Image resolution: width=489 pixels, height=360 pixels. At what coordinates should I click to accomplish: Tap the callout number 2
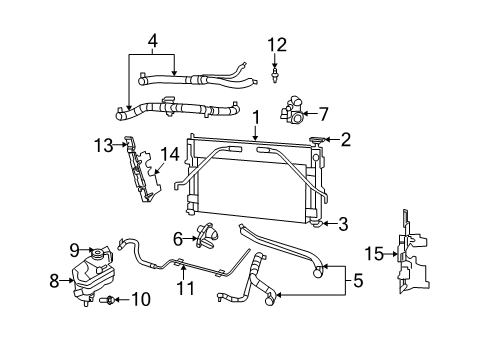pyautogui.click(x=345, y=140)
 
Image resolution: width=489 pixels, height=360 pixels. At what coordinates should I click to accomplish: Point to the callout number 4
pyautogui.click(x=153, y=41)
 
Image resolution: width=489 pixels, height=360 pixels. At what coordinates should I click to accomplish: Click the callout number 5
pyautogui.click(x=358, y=281)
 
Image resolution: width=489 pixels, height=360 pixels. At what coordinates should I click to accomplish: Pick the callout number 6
pyautogui.click(x=178, y=239)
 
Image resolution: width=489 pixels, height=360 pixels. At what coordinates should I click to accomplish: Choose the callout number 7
pyautogui.click(x=323, y=114)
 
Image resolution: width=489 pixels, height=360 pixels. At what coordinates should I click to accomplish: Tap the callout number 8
pyautogui.click(x=55, y=282)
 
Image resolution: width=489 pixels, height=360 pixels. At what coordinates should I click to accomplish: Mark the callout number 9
pyautogui.click(x=74, y=249)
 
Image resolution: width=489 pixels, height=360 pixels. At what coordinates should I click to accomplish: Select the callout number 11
pyautogui.click(x=183, y=290)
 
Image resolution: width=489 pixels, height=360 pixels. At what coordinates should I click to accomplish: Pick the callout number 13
pyautogui.click(x=103, y=146)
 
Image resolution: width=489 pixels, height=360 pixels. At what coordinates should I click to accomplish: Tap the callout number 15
pyautogui.click(x=371, y=255)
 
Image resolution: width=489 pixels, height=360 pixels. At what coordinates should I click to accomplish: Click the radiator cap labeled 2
pyautogui.click(x=320, y=141)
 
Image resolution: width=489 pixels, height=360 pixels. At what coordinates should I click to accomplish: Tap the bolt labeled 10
pyautogui.click(x=109, y=299)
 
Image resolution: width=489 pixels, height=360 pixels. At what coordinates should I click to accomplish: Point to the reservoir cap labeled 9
pyautogui.click(x=98, y=251)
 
